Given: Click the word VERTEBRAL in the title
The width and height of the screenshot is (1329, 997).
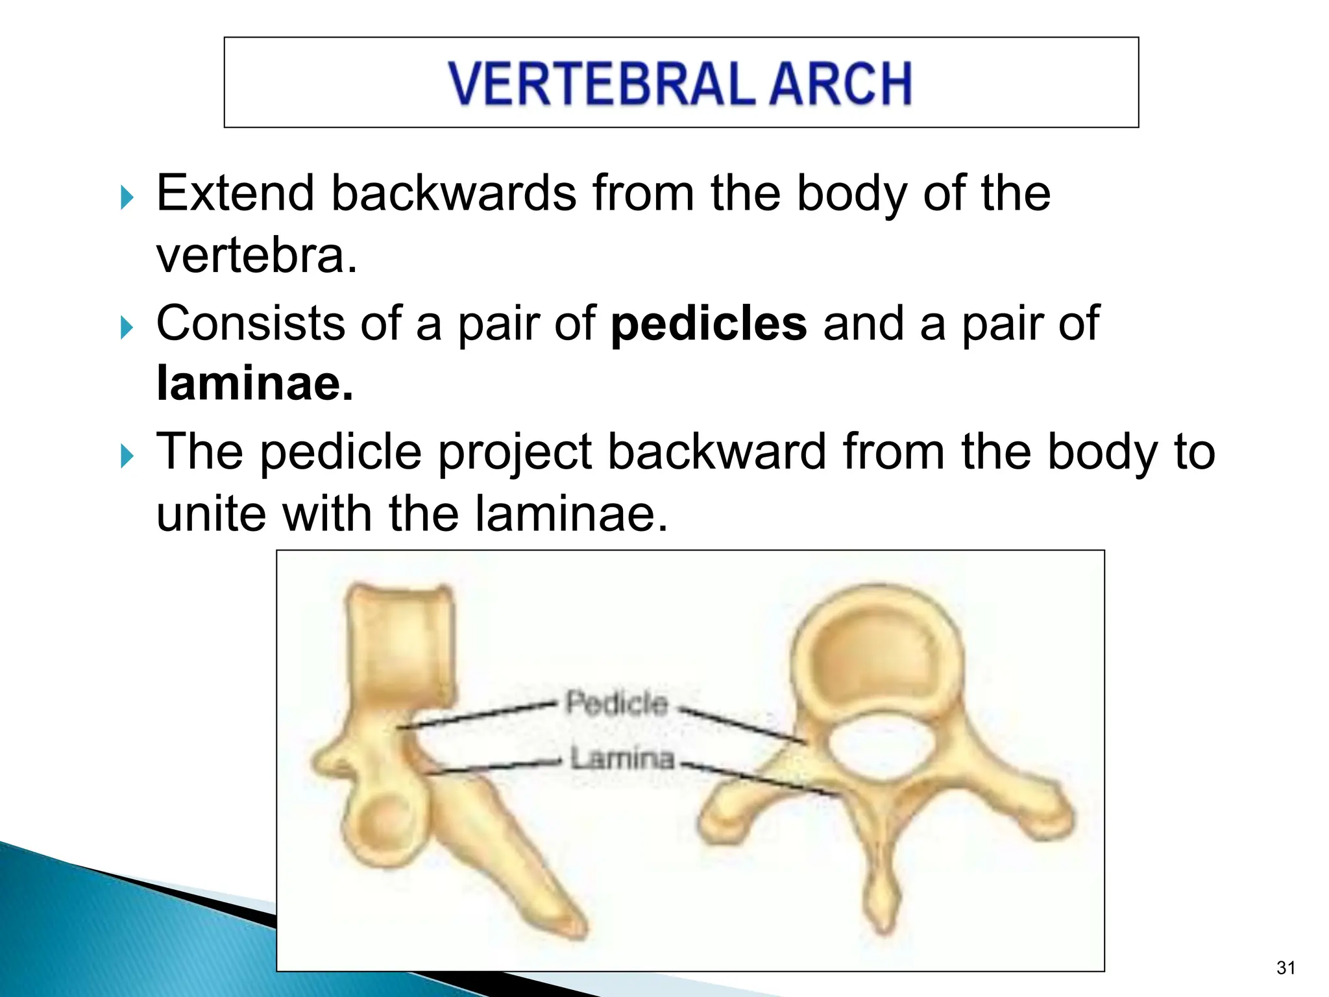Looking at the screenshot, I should pos(602,83).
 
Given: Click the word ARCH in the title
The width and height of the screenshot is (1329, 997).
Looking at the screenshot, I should pos(841,83).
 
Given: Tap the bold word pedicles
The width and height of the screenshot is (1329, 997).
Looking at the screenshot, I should pos(709,323).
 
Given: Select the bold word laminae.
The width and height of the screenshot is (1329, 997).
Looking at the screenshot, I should pos(254,384).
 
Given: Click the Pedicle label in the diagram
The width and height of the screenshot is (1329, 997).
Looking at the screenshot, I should pos(616,704).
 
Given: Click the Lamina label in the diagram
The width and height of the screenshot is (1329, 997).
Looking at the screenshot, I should pos(622,758).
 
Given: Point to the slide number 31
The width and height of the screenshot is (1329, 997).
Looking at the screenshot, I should pos(1285,968).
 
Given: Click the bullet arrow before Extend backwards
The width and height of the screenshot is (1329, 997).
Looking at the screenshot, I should pos(127,197).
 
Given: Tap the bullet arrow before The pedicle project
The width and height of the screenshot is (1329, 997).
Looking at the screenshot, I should pos(127,456).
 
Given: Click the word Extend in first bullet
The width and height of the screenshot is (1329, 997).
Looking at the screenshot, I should pos(236,193).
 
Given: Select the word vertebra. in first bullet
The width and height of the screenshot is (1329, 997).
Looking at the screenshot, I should pos(256,256).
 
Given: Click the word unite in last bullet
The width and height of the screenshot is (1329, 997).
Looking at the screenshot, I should pos(211,513).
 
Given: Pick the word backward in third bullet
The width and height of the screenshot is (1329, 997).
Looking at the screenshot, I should pos(716,452).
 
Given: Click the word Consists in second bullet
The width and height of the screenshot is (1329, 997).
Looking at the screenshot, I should pos(250,323).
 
